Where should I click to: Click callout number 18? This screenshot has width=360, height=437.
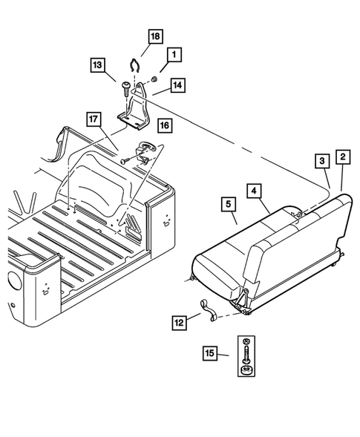154,36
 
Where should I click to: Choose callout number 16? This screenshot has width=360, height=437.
164,127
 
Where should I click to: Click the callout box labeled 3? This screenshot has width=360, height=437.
320,161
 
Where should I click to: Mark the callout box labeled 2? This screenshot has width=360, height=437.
342,157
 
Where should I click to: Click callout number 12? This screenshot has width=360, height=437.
179,323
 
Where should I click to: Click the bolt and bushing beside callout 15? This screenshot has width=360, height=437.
245,354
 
